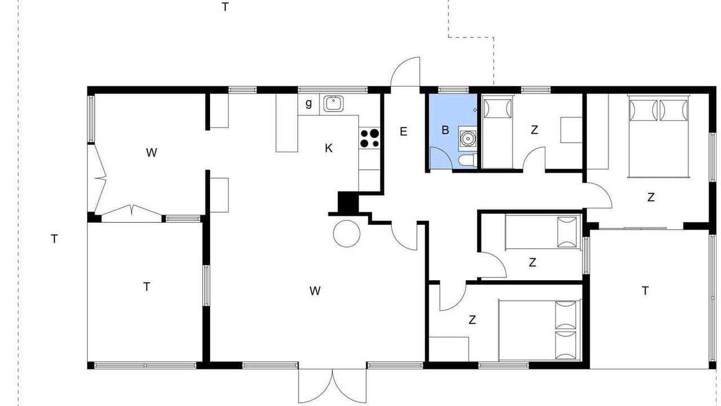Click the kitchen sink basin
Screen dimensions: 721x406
coord(333,103)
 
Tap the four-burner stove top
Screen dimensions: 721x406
coord(369,138)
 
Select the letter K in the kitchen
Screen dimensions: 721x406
coord(328,148)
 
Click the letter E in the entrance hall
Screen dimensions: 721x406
coord(403,131)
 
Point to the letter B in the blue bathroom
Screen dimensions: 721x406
coord(445,130)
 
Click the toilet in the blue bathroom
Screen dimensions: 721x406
coord(468,160)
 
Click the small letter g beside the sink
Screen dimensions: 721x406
coord(309,104)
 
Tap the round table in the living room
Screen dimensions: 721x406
coord(346,233)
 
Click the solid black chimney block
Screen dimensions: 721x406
coord(348,202)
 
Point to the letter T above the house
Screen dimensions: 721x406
coord(225,7)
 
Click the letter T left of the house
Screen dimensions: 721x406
coord(55,239)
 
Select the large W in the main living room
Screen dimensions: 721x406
coord(315,291)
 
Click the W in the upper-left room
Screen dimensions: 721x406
coord(152,152)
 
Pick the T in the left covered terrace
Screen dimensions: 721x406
coord(147,286)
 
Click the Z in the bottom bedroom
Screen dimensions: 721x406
coord(472,320)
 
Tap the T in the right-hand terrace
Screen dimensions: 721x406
coord(645,290)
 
